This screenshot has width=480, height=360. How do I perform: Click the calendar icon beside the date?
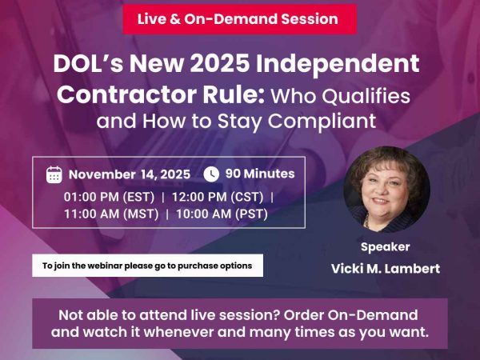coord(54,174)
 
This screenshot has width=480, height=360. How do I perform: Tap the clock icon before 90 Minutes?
coord(211,174)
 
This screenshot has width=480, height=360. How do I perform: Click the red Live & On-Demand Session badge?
coord(237,18)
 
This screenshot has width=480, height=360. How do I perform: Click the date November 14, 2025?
coord(130,174)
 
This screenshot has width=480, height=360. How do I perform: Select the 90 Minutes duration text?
coord(260,174)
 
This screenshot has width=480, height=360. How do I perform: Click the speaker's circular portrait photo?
coord(386,186)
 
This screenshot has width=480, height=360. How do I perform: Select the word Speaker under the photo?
coord(386,246)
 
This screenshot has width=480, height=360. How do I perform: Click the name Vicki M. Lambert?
coord(386,269)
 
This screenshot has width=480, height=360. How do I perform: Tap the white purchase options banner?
coord(147,266)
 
